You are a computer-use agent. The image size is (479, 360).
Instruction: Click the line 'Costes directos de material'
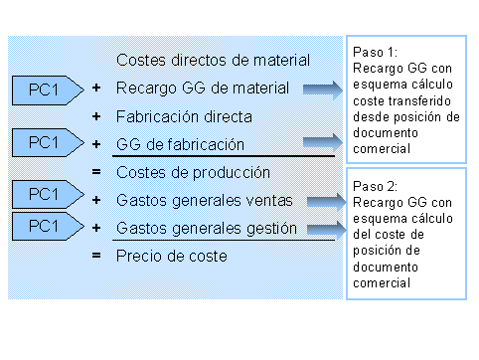(x=214, y=61)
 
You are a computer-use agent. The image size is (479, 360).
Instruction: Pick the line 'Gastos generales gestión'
(x=207, y=228)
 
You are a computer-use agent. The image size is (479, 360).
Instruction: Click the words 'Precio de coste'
(x=172, y=256)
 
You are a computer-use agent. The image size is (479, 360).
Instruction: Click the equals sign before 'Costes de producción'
(x=96, y=172)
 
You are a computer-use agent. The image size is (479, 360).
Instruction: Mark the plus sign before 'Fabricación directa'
(x=96, y=116)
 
